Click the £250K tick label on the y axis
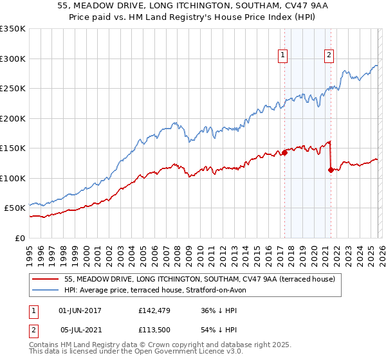[13, 89]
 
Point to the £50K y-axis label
[15, 208]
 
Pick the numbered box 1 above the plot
[283, 56]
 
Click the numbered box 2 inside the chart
[329, 56]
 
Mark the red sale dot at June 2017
[284, 153]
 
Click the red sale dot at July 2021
[331, 170]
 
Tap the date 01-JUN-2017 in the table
[80, 310]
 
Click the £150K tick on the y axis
[13, 148]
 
